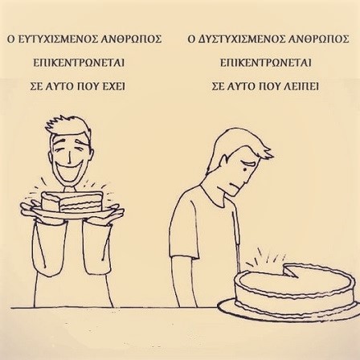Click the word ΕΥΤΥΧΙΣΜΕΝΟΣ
point(56,39)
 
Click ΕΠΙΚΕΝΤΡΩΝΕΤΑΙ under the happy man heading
point(79,63)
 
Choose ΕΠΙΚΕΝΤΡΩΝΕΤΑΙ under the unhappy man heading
point(266,63)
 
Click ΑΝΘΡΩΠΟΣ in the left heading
point(130,39)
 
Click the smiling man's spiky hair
point(67,126)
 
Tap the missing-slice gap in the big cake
point(292,270)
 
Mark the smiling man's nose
point(69,157)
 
